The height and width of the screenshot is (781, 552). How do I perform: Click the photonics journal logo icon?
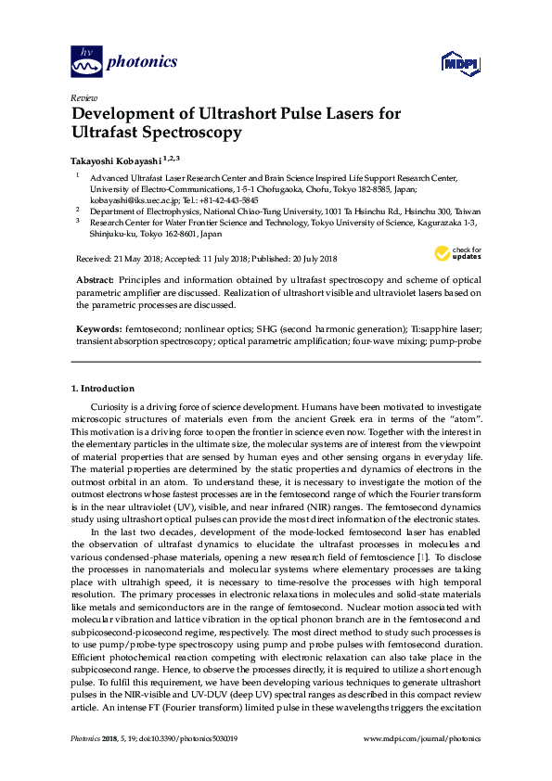point(86,63)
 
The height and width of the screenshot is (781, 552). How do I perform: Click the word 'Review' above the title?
point(83,97)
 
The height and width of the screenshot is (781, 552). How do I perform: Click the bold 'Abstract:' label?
point(95,279)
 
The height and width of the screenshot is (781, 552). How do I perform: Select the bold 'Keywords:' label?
point(97,329)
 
